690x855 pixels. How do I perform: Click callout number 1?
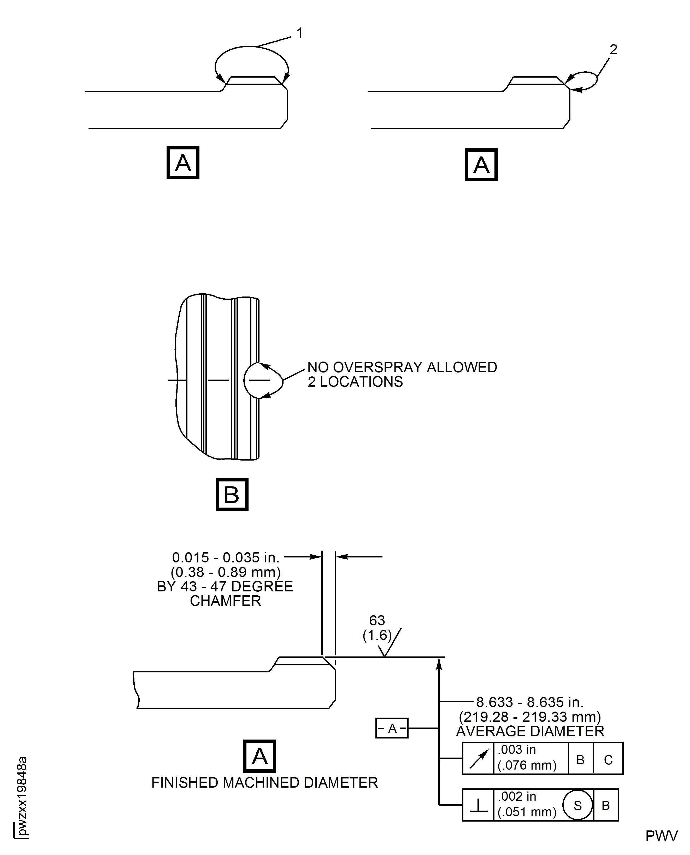click(300, 33)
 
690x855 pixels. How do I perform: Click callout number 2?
click(613, 50)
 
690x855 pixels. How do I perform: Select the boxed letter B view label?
click(232, 494)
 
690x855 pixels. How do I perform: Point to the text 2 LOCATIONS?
click(355, 382)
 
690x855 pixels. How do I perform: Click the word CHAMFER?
click(225, 601)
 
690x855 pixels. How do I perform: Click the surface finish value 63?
click(377, 620)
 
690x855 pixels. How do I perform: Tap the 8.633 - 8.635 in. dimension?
click(530, 702)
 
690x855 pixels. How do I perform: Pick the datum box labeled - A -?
click(392, 728)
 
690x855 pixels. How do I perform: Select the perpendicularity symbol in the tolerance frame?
click(479, 805)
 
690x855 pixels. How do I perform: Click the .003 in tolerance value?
click(517, 750)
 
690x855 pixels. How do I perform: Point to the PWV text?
click(661, 836)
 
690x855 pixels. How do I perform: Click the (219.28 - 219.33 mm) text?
click(530, 717)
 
